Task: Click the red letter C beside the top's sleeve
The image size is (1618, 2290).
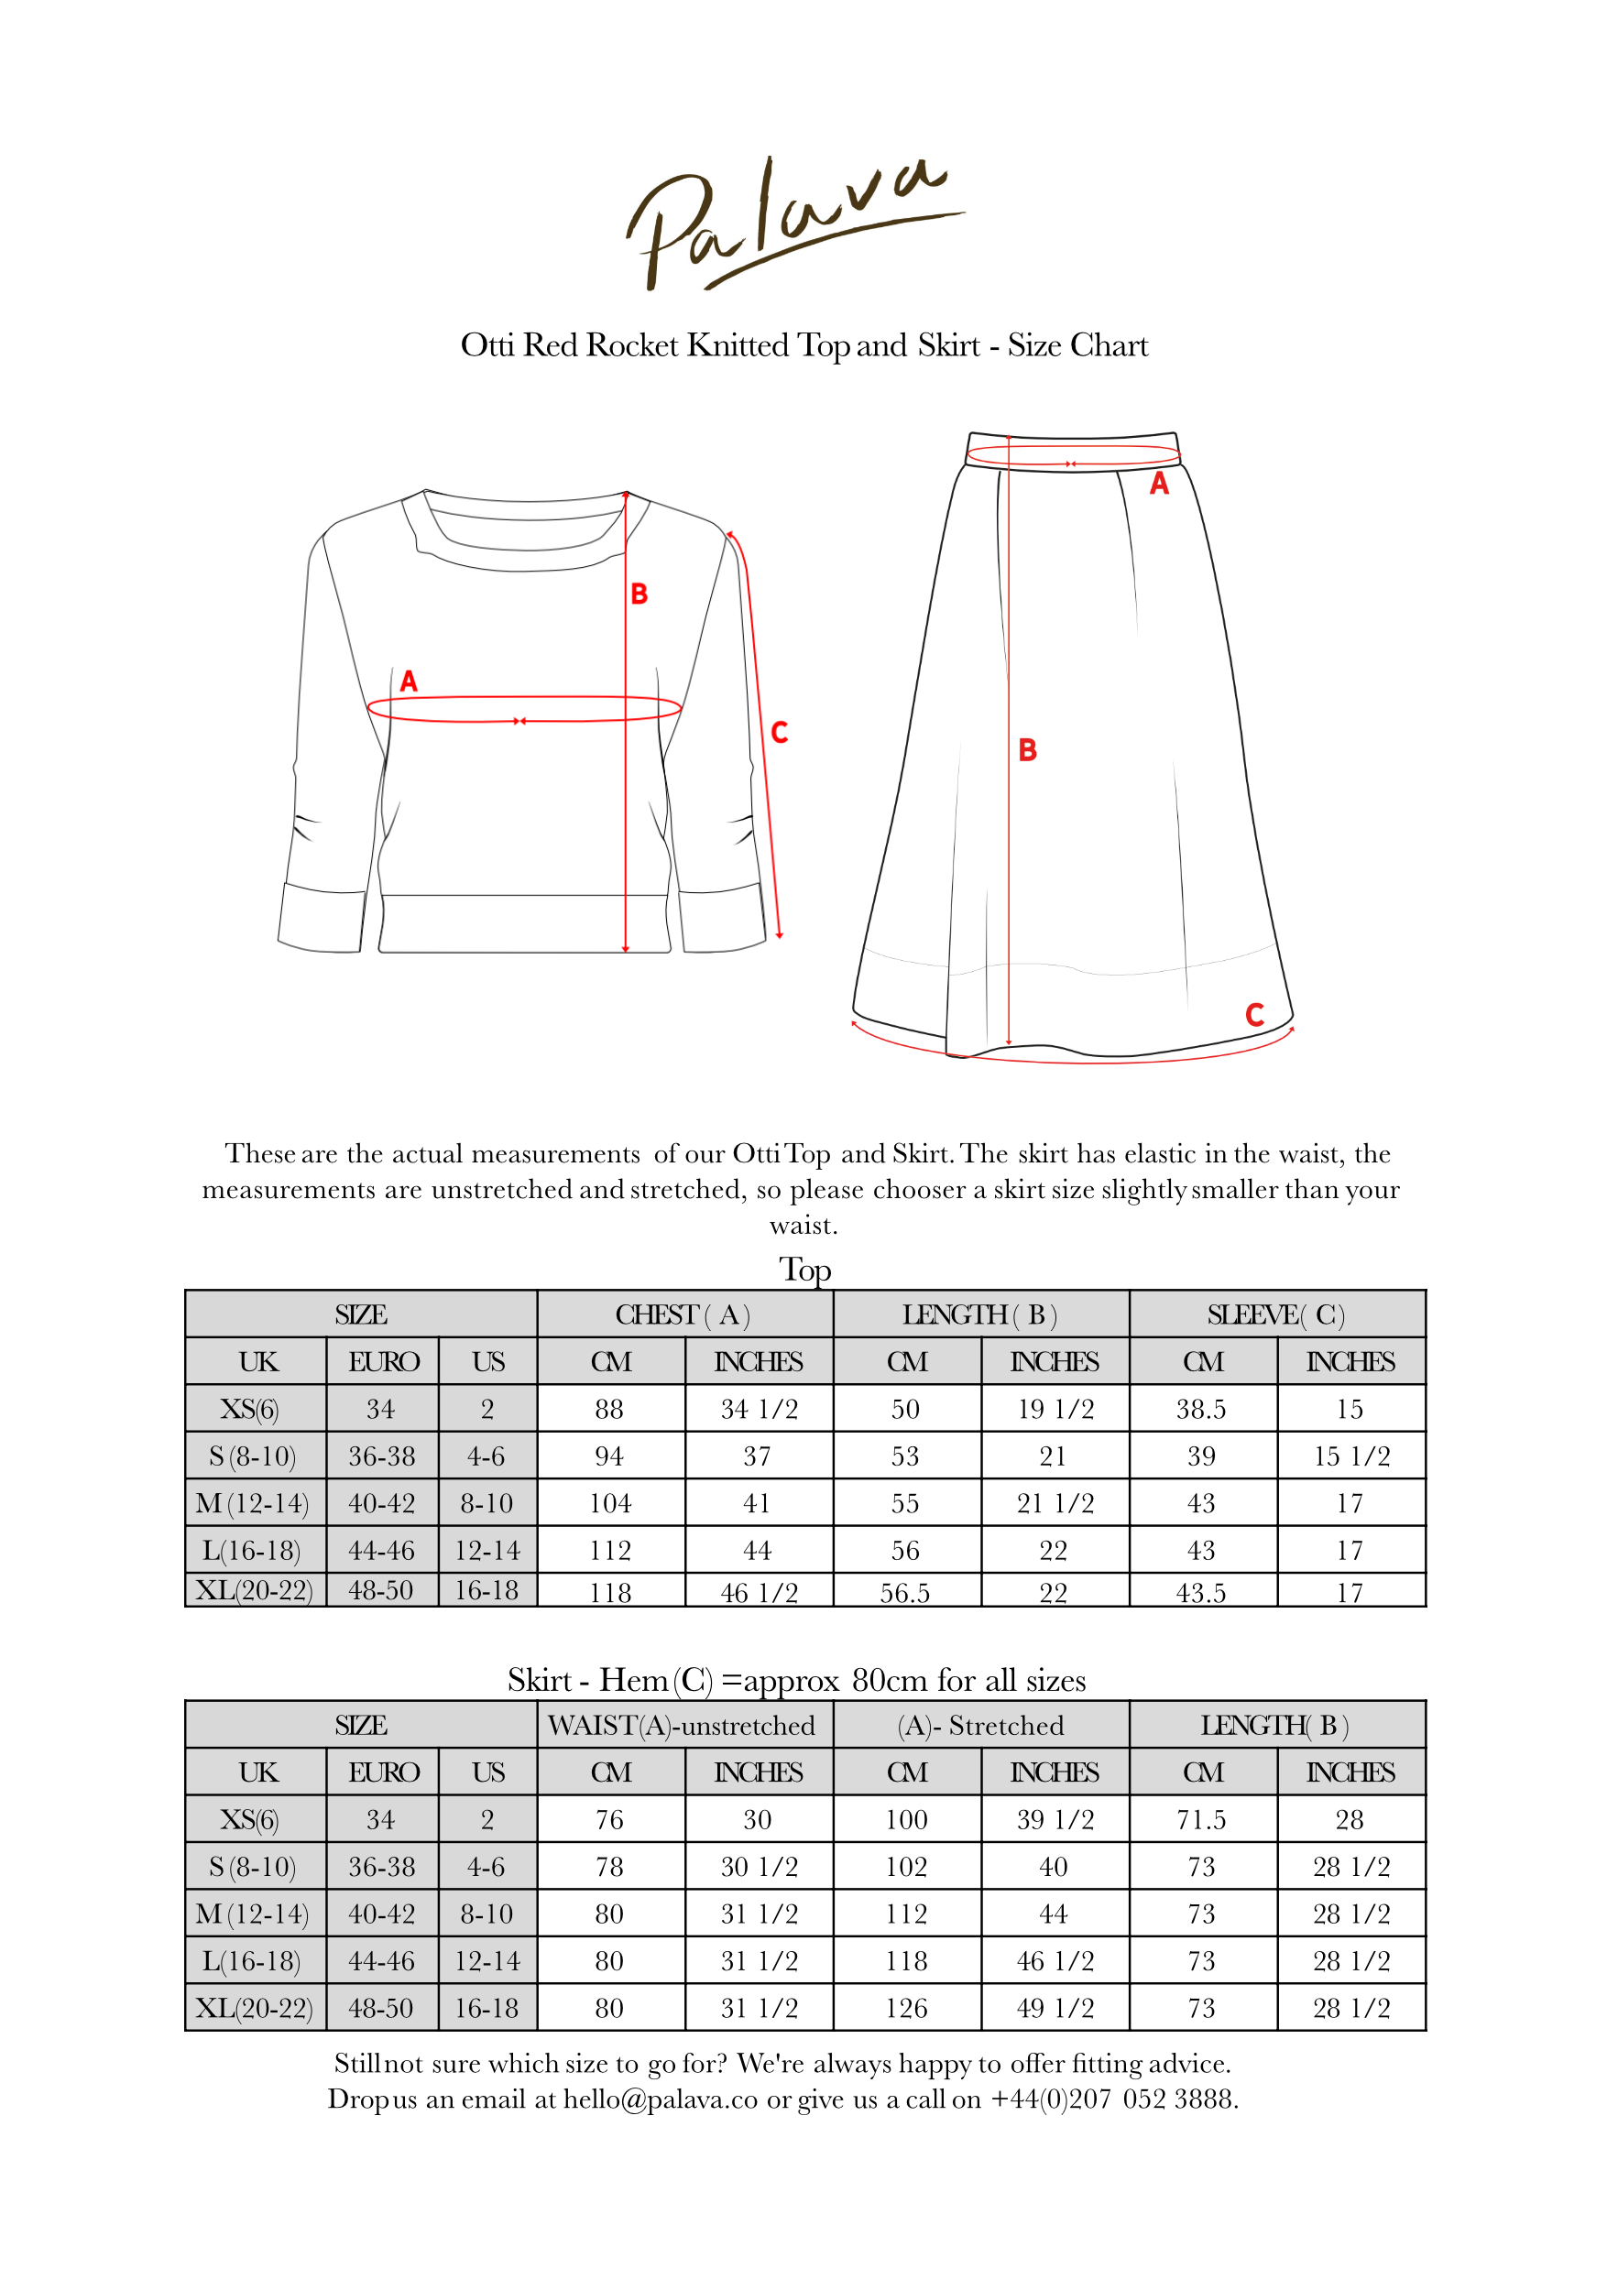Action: coord(780,733)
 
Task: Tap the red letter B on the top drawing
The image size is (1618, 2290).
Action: coord(640,594)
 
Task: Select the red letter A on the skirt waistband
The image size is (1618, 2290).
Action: coord(1159,485)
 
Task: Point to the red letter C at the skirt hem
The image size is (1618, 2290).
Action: coord(1255,1015)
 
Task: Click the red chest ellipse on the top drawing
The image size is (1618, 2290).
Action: coord(525,708)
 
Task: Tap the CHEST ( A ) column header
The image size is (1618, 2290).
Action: coord(683,1314)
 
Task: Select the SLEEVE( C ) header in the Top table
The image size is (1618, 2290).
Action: coord(1276,1314)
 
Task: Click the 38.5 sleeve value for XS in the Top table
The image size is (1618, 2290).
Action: coord(1201,1410)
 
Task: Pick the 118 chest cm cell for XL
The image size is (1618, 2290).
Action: coord(610,1592)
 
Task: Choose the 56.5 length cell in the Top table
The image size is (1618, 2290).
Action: coord(905,1593)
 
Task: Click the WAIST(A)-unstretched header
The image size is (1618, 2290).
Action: coord(683,1726)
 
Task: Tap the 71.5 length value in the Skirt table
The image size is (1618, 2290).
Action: coord(1201,1820)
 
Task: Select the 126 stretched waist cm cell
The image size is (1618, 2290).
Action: coord(906,2009)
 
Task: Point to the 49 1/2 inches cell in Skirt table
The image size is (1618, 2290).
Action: coord(1055,2009)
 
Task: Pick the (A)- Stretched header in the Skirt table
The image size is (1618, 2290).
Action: coord(980,1726)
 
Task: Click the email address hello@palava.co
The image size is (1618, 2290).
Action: coord(661,2099)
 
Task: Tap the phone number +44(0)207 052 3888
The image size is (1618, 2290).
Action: coord(1113,2099)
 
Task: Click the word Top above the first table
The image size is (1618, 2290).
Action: coord(805,1270)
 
